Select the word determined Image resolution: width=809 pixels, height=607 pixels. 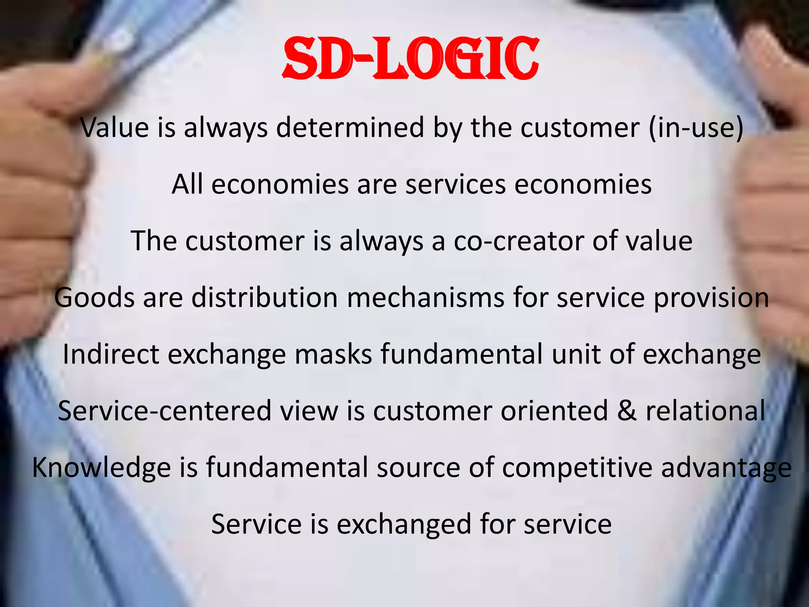350,128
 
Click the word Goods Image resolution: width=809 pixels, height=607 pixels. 94,298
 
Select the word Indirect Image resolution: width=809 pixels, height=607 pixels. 111,354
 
